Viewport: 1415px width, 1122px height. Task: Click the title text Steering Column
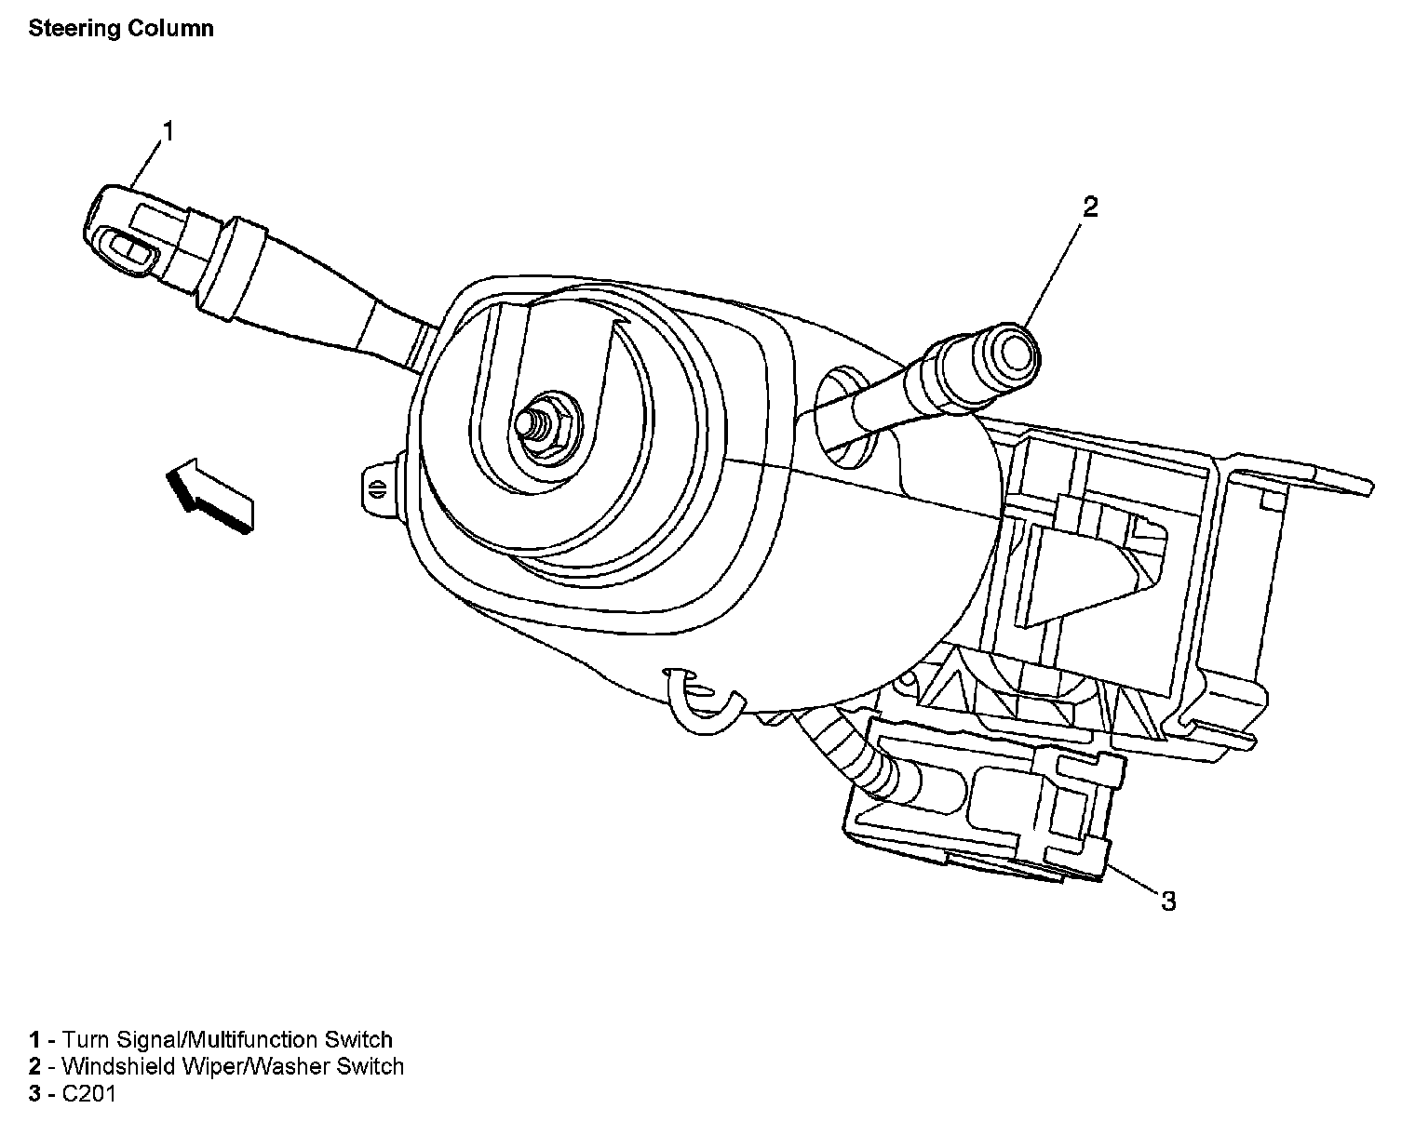coord(121,29)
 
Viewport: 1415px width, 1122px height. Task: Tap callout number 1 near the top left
coord(168,132)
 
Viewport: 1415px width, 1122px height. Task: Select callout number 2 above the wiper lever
coord(1090,207)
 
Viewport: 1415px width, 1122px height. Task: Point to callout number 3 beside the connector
coord(1167,902)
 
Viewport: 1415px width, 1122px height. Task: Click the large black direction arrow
coord(209,495)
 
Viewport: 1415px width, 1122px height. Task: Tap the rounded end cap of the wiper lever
coord(1011,355)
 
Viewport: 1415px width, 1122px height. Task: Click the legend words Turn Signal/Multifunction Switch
coord(227,1040)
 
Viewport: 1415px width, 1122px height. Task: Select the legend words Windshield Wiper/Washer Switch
coord(233,1066)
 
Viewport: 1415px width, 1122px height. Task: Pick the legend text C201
coord(88,1094)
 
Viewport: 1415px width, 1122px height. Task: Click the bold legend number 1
coord(34,1040)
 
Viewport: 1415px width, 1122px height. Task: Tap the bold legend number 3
coord(34,1094)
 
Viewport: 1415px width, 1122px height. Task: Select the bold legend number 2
coord(34,1066)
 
